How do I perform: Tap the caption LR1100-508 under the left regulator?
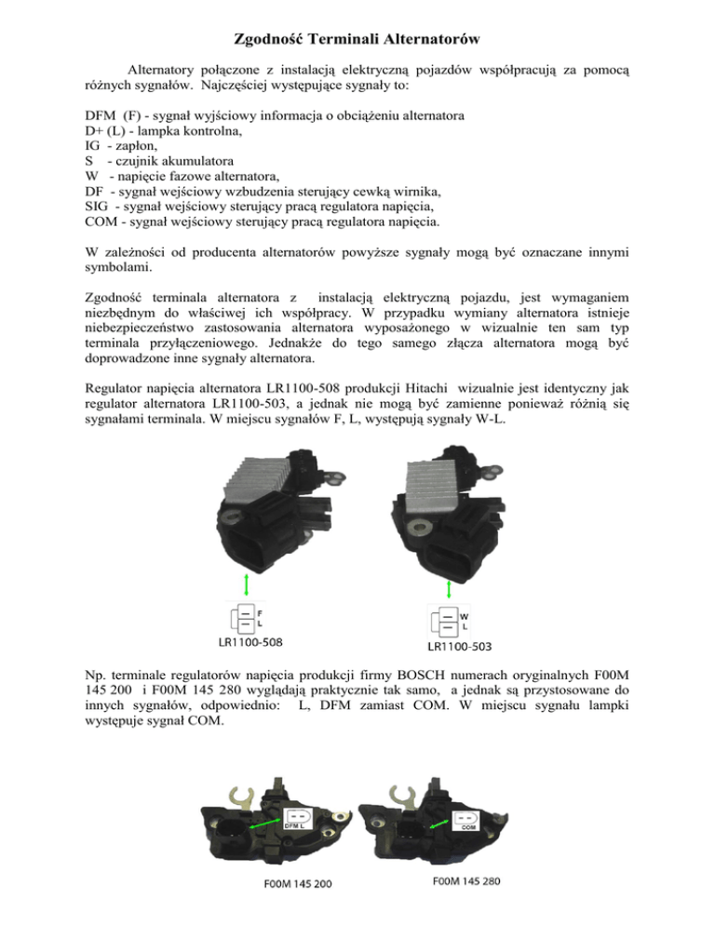point(244,641)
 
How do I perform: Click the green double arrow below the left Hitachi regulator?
point(245,585)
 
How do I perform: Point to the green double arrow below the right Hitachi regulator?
point(450,590)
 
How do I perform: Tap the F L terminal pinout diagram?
point(245,618)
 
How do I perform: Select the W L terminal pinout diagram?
point(450,621)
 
